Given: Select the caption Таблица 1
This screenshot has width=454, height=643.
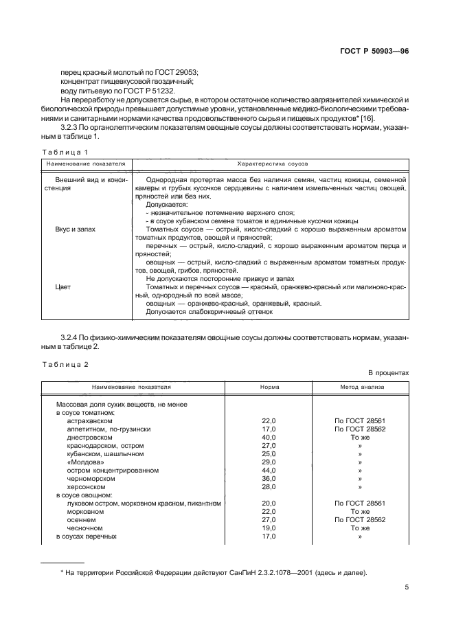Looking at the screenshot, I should pyautogui.click(x=66, y=152).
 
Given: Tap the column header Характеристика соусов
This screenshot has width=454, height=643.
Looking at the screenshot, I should pyautogui.click(x=272, y=165).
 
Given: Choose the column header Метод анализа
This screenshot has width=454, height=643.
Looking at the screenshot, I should pyautogui.click(x=359, y=387).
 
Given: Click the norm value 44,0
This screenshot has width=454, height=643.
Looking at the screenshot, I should pyautogui.click(x=269, y=470).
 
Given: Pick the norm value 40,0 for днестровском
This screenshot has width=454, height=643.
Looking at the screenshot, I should pyautogui.click(x=269, y=437).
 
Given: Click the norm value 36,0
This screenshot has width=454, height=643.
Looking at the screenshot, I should pyautogui.click(x=269, y=478).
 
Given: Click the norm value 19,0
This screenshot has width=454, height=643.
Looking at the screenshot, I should pyautogui.click(x=269, y=528).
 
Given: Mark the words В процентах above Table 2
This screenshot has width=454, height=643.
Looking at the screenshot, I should pyautogui.click(x=388, y=372).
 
